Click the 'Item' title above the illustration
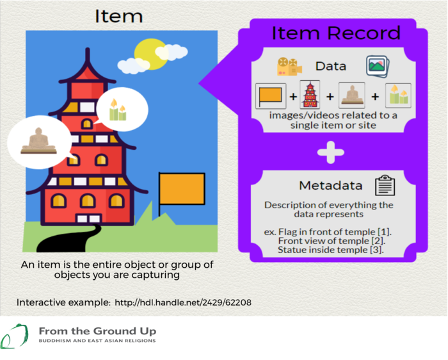[118, 16]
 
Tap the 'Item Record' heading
[336, 33]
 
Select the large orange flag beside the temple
[182, 189]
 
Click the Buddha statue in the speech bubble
[38, 141]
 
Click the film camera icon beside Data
[289, 67]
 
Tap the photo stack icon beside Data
[378, 67]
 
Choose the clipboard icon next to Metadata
[385, 185]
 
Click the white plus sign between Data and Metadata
[331, 152]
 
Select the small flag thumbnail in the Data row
[271, 96]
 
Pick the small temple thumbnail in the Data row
[310, 95]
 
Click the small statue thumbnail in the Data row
[352, 95]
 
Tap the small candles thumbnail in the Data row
[398, 95]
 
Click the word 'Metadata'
[331, 186]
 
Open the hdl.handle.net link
[183, 302]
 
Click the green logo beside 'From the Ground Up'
[14, 336]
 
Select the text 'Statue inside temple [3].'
[331, 250]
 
